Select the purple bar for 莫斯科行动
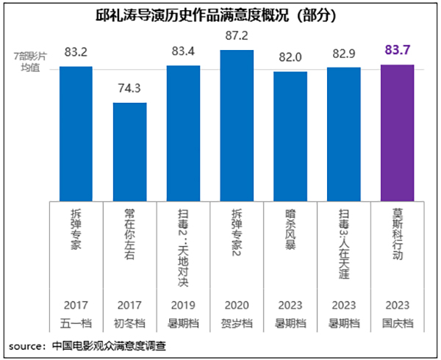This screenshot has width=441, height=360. tap(397, 132)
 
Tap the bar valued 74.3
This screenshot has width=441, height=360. tap(129, 151)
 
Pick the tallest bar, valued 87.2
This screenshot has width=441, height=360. tap(237, 125)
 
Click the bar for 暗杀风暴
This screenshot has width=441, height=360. tap(290, 136)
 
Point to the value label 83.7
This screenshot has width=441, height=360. tap(397, 50)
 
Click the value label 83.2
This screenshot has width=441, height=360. tap(76, 52)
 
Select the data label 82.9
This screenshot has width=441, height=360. tap(343, 54)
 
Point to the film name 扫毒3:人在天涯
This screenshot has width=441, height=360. tap(343, 242)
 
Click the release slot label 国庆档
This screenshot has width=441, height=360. tap(397, 323)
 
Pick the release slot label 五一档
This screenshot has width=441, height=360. tap(76, 323)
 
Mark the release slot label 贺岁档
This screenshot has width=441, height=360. tap(237, 323)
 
